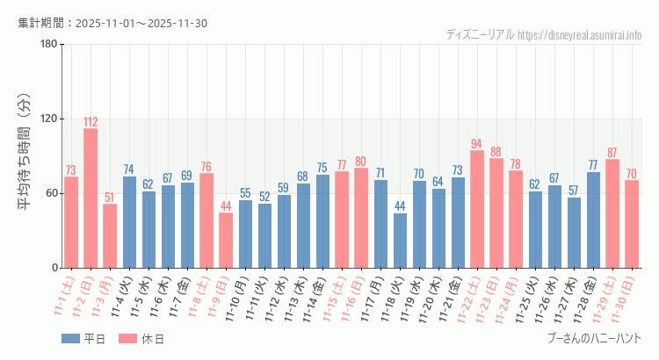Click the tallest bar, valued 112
[x=91, y=198]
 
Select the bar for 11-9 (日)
[x=226, y=241]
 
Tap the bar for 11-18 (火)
[x=400, y=241]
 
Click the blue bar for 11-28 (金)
[x=593, y=220]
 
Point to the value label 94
[x=477, y=144]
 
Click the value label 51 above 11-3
[x=110, y=198]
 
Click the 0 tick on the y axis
[x=54, y=268]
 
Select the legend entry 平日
[x=83, y=338]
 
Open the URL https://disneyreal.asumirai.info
[x=580, y=35]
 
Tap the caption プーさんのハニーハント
[x=594, y=338]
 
